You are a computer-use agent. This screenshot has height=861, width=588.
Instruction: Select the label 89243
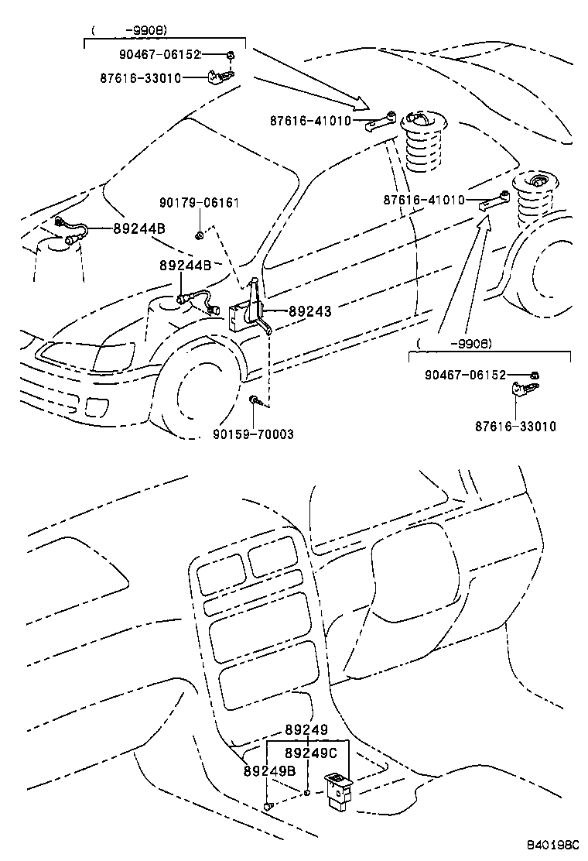click(x=309, y=311)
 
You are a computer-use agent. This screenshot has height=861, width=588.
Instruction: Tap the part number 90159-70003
click(x=253, y=434)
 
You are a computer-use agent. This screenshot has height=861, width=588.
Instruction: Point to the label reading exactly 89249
click(x=306, y=729)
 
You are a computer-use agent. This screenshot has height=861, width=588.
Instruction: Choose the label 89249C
click(x=311, y=753)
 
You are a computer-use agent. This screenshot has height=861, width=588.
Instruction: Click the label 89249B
click(x=269, y=771)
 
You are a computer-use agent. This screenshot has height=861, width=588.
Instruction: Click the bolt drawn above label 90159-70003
click(x=255, y=400)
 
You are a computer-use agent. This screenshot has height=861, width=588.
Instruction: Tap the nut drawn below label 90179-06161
click(x=199, y=234)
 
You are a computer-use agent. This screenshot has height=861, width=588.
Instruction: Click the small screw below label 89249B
click(x=268, y=807)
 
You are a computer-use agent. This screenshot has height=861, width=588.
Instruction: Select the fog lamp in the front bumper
click(x=98, y=406)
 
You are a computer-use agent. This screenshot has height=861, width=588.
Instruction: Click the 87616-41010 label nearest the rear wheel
click(x=423, y=200)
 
